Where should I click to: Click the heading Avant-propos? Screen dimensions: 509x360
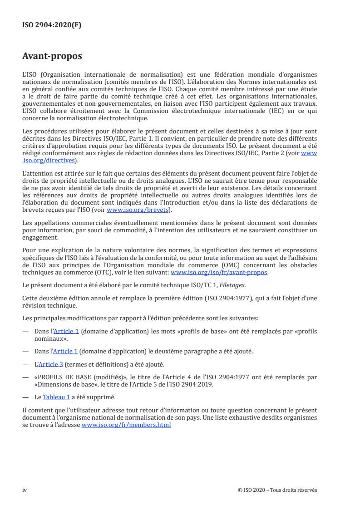click(52, 57)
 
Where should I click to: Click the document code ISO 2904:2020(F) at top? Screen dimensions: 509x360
click(52, 25)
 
